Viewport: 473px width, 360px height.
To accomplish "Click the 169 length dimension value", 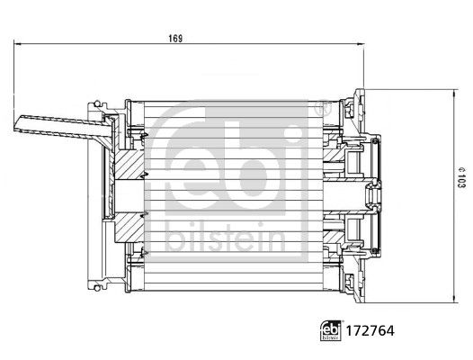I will (x=176, y=38).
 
